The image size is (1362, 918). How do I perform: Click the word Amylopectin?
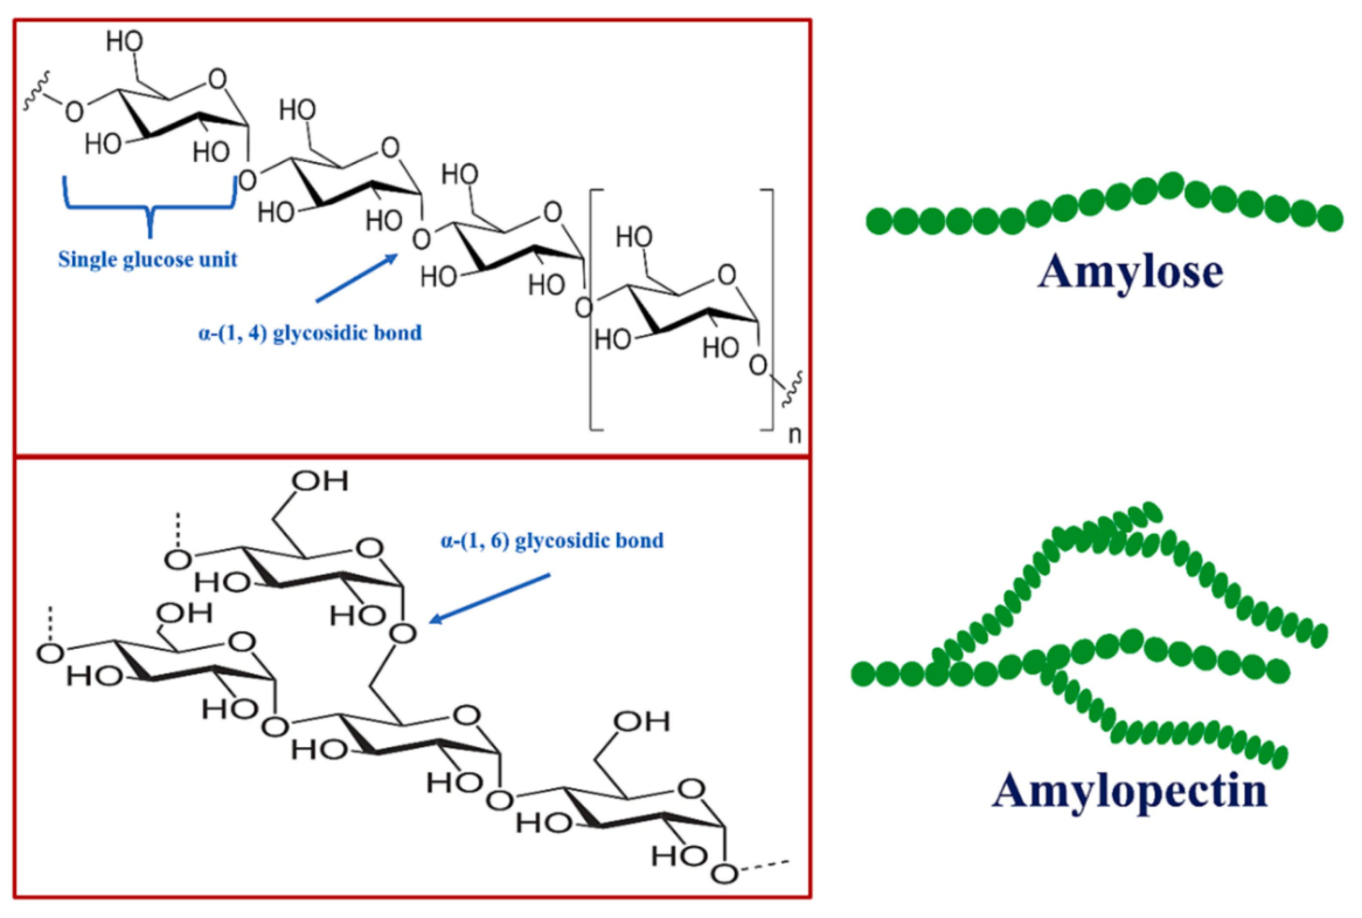pyautogui.click(x=1129, y=790)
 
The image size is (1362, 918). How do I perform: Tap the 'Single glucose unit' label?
pyautogui.click(x=147, y=259)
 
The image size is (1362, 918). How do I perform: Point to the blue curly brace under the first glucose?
pyautogui.click(x=150, y=205)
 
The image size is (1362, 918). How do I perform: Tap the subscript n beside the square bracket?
pyautogui.click(x=794, y=435)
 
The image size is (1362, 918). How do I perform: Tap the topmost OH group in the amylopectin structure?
pyautogui.click(x=321, y=481)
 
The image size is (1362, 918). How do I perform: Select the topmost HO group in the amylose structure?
pyautogui.click(x=124, y=42)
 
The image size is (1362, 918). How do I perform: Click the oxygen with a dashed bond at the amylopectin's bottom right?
pyautogui.click(x=726, y=873)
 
